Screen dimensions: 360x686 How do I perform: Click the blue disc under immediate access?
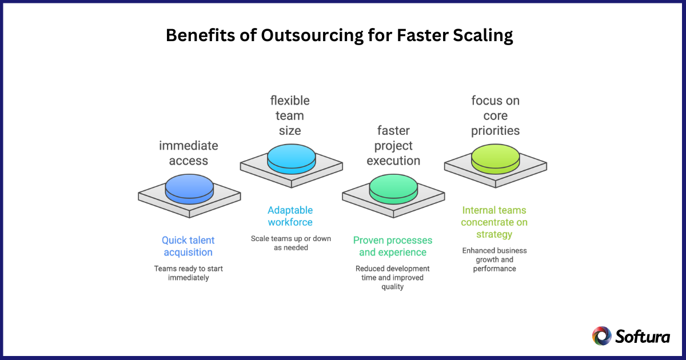(x=189, y=188)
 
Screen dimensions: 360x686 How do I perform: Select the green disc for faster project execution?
(x=393, y=189)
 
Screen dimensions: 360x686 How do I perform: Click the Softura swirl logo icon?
(x=601, y=336)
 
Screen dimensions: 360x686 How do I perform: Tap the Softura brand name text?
(x=643, y=336)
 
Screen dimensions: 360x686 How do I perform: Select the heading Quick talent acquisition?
(x=188, y=246)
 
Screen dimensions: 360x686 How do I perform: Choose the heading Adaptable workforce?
(x=290, y=216)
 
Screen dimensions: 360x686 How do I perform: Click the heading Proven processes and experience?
(x=393, y=246)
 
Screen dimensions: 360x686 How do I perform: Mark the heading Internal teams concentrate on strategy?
(x=494, y=222)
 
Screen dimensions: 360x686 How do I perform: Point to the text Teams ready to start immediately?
(x=188, y=273)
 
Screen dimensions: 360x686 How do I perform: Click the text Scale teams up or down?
(x=290, y=243)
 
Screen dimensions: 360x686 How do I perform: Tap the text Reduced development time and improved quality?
(x=393, y=278)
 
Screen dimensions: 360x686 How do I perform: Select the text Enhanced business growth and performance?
(x=494, y=259)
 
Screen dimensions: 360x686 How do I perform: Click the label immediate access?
(x=188, y=153)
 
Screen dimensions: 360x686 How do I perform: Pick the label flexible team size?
(x=290, y=115)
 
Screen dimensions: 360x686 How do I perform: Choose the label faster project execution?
(x=393, y=146)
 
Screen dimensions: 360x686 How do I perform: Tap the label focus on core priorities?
(x=495, y=115)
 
